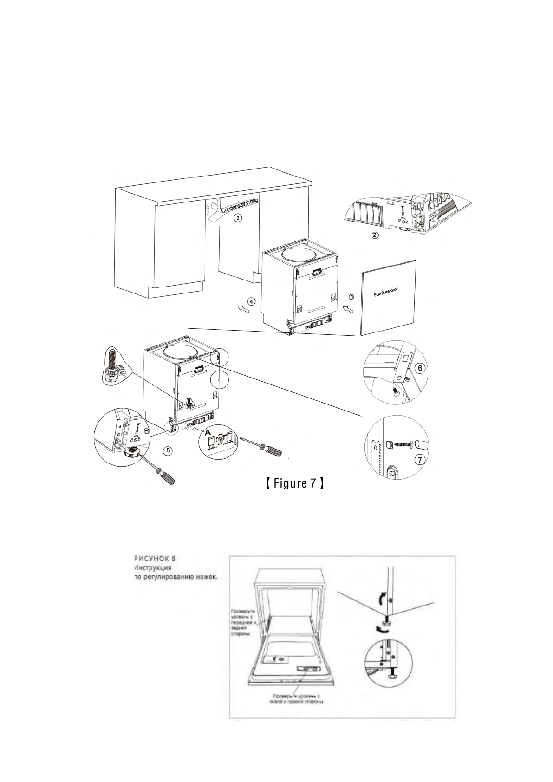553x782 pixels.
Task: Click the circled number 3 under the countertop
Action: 237,217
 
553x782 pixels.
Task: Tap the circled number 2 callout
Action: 375,235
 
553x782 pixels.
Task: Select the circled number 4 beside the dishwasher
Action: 251,301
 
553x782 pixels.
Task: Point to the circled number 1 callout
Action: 351,296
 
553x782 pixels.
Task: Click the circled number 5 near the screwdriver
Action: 169,450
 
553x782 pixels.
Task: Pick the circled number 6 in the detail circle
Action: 418,368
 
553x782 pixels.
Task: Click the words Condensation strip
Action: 240,204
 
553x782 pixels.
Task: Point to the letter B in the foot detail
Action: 147,431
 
